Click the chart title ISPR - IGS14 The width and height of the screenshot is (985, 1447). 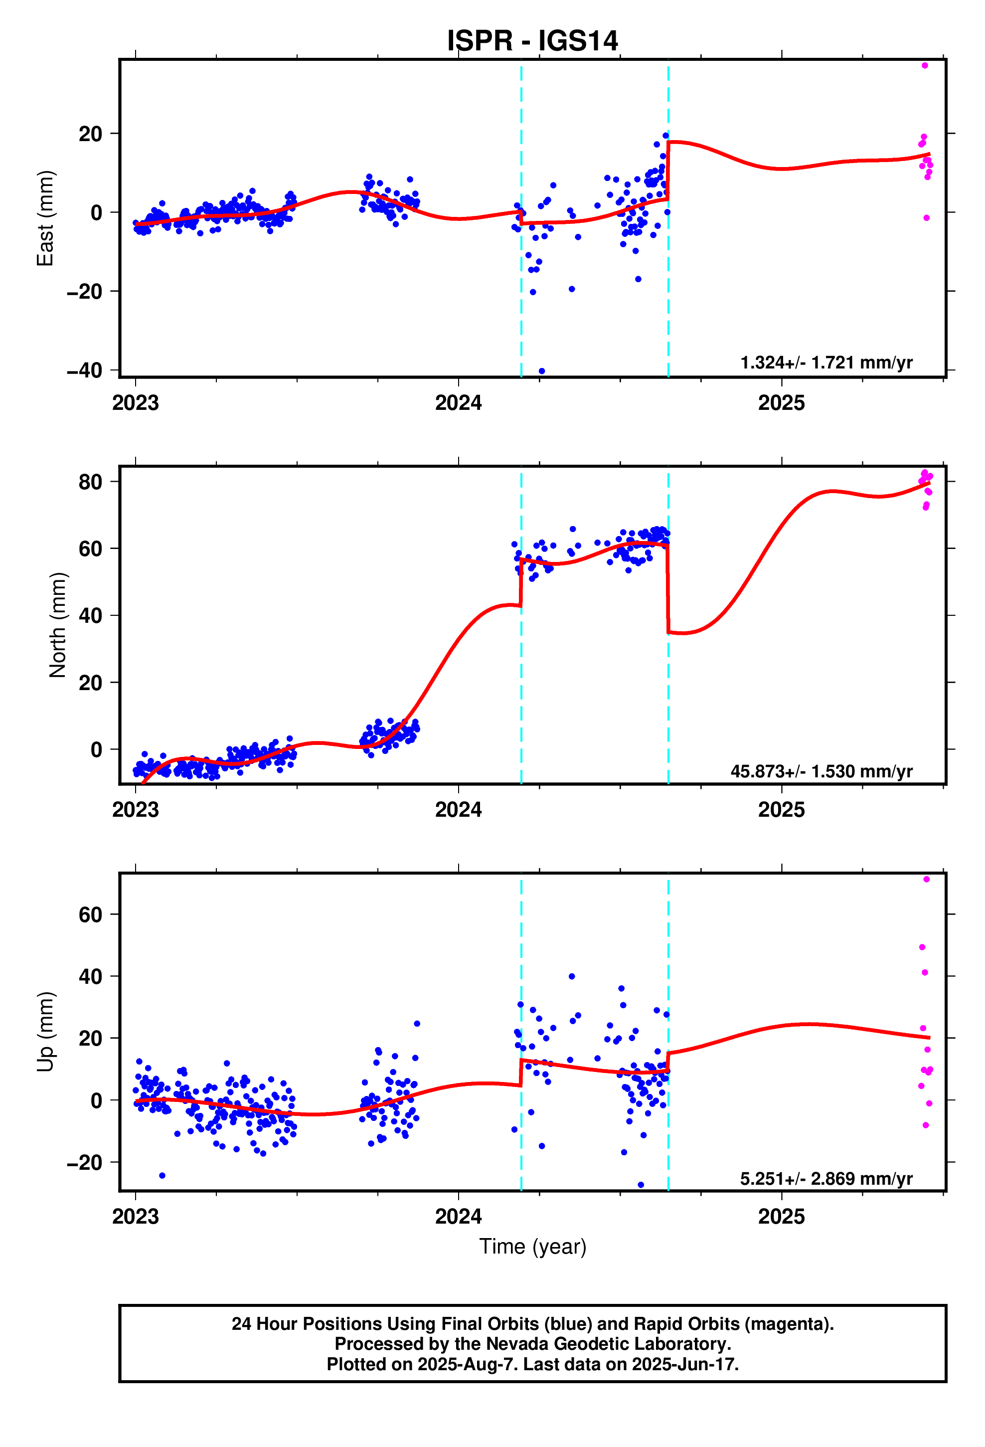coord(532,41)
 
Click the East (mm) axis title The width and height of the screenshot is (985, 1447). coord(45,218)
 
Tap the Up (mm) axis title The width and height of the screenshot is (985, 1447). coord(45,1031)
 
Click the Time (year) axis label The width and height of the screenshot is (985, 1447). coord(532,1247)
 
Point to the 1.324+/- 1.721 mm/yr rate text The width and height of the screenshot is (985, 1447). coord(825,362)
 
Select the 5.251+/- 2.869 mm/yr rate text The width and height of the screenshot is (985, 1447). coord(825,1178)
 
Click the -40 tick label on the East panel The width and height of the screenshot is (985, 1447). coord(84,370)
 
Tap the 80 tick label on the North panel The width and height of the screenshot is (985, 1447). coord(90,482)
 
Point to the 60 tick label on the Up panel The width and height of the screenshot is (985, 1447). coord(90,914)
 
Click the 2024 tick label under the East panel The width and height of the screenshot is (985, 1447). coord(458,403)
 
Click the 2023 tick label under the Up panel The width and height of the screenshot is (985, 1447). coord(135,1216)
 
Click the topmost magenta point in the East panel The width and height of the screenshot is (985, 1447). coord(925,65)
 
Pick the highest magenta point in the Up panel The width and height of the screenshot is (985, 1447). coord(927,879)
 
